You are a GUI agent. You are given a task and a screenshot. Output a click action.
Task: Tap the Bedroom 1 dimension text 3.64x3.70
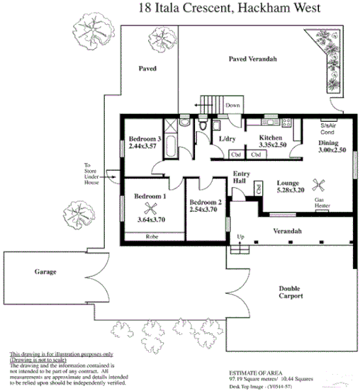(150, 220)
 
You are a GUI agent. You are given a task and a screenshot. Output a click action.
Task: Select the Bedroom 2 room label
(206, 203)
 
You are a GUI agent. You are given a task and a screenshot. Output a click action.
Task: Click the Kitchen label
(271, 137)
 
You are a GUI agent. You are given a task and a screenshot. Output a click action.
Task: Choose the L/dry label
(227, 139)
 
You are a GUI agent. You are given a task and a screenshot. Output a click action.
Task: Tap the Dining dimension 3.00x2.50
(332, 151)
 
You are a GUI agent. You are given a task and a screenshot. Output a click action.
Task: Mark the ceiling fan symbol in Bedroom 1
(150, 208)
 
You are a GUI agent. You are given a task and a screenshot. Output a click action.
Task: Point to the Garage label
(45, 272)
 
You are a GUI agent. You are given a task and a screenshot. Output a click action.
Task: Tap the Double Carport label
(291, 292)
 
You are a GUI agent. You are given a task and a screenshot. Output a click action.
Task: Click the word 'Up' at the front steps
(240, 237)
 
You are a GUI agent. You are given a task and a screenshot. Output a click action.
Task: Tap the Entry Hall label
(240, 177)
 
